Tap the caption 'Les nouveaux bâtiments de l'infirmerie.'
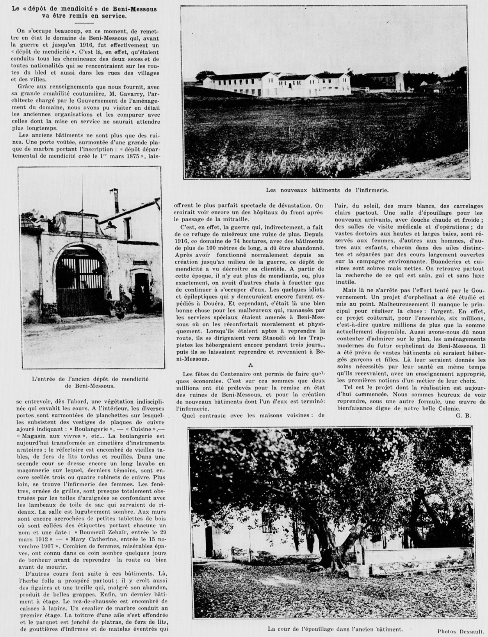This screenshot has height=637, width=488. coord(327,190)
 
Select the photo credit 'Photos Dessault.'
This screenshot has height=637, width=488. coord(461,630)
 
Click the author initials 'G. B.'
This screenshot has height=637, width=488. coord(463,415)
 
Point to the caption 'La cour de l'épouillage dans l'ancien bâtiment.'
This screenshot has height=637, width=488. coord(335,629)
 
